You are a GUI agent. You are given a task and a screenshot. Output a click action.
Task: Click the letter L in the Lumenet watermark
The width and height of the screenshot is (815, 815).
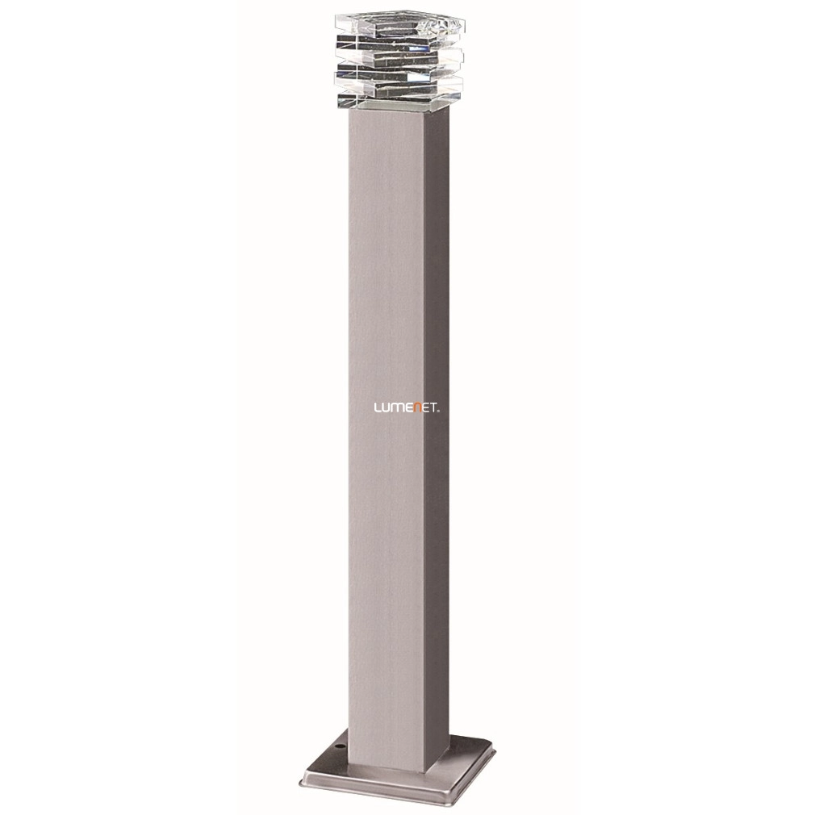pos(377,408)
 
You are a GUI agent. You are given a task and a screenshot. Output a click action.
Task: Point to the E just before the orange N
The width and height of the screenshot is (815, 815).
pos(407,408)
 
